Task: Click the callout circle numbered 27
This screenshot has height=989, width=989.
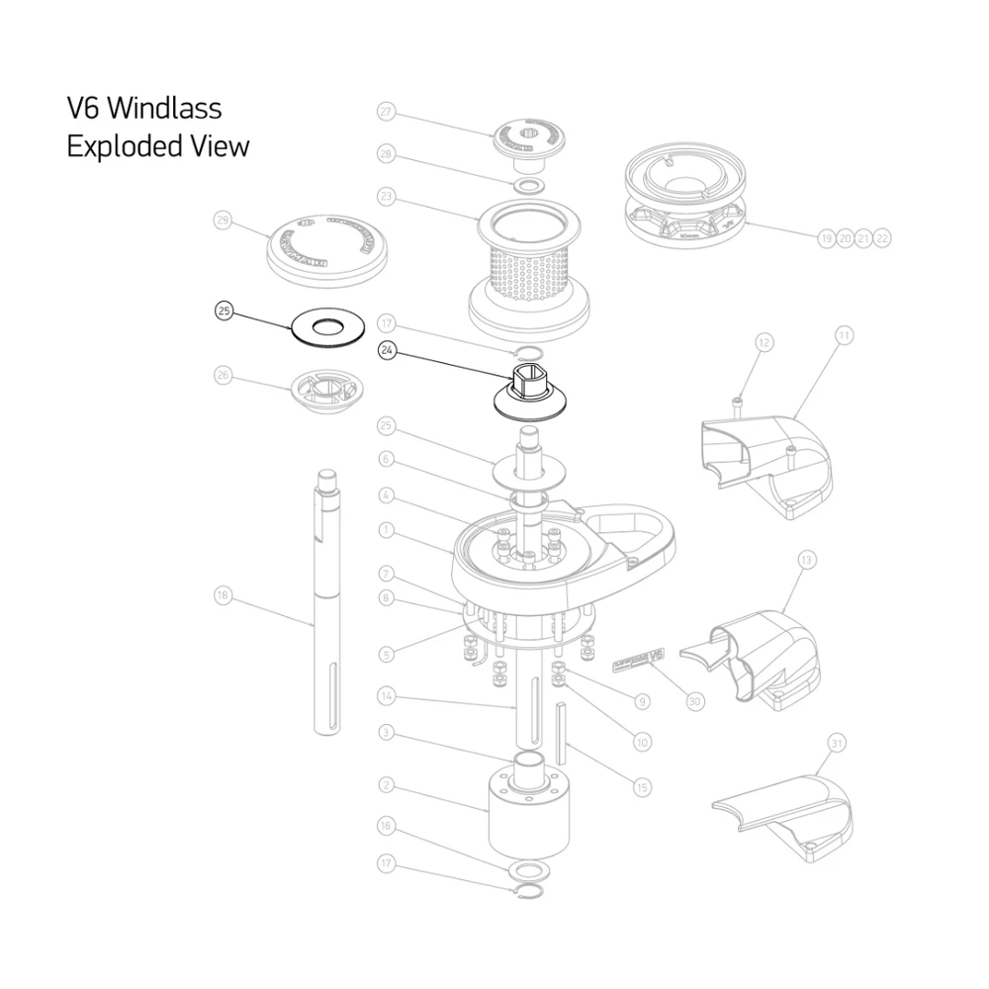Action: (387, 113)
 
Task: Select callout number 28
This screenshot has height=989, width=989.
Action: (387, 154)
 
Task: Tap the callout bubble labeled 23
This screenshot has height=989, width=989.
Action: (387, 197)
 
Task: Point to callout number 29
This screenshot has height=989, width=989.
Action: (224, 222)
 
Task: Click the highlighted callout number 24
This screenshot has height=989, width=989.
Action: (387, 349)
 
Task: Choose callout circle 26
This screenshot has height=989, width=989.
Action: (224, 375)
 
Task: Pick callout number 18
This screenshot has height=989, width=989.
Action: (224, 595)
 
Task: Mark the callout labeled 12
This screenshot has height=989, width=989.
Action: (764, 343)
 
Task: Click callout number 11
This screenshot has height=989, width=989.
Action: (844, 336)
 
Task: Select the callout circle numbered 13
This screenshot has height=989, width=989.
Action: (807, 560)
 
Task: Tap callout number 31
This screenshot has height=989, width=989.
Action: (837, 742)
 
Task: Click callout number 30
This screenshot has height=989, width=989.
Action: (694, 700)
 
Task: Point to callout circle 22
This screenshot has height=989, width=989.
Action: (882, 238)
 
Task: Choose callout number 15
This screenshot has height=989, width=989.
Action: (642, 787)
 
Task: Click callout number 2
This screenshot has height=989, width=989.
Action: (387, 785)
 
